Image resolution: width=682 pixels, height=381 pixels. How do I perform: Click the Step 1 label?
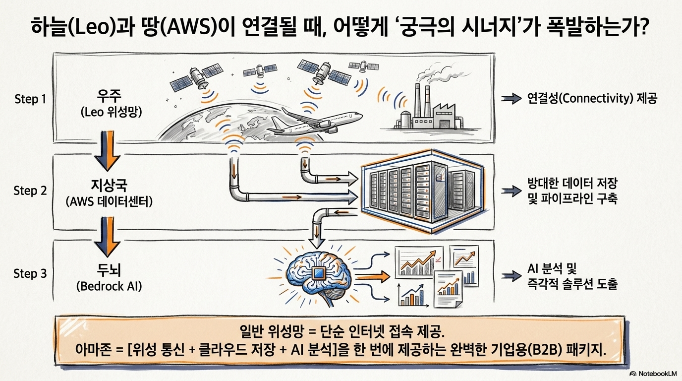[30, 99]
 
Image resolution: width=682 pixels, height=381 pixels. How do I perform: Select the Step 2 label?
[30, 191]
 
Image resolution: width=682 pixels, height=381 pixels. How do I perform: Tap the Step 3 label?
[30, 273]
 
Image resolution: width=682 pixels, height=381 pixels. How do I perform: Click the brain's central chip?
[319, 273]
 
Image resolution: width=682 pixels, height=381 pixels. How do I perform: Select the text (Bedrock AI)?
[109, 286]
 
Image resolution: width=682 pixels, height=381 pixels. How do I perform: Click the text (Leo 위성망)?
[111, 113]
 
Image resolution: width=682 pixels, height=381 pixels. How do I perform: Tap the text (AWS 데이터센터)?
[109, 201]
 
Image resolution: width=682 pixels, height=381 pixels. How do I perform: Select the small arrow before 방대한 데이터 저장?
[511, 191]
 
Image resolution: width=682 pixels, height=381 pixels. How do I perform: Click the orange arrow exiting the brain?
[373, 277]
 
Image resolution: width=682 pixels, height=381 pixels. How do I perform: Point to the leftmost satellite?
[196, 76]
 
